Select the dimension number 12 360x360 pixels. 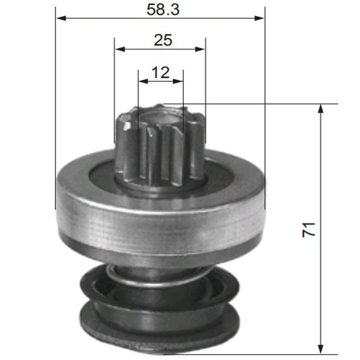(x=160, y=72)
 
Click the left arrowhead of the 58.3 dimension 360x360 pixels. (x=61, y=18)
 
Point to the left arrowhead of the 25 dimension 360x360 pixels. (x=119, y=49)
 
